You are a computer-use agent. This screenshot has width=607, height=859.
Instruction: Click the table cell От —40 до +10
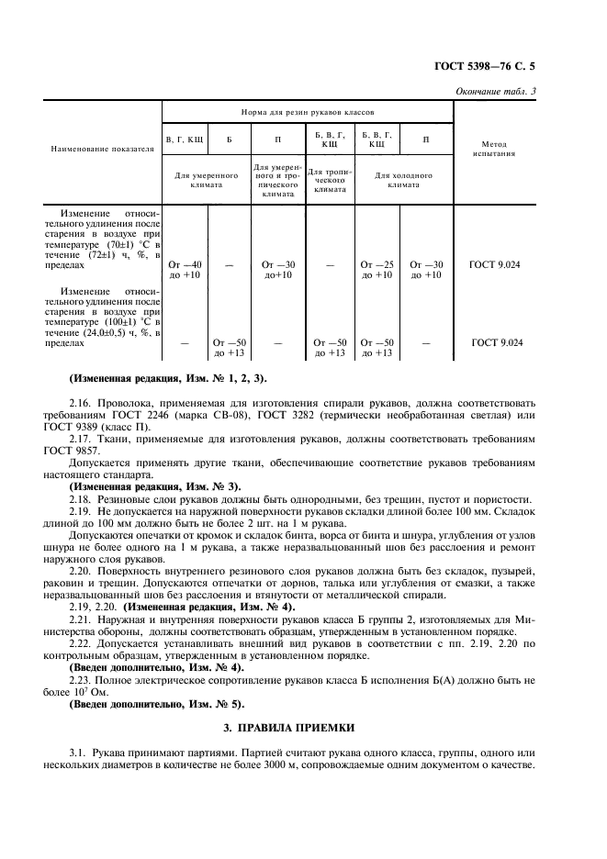click(x=185, y=269)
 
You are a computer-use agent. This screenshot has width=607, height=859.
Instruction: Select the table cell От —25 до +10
click(x=376, y=269)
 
